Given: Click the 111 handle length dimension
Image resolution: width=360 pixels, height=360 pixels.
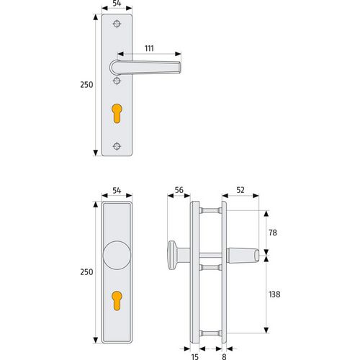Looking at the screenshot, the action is click(x=149, y=48).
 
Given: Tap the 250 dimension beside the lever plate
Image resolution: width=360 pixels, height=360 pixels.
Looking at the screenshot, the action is click(x=86, y=85).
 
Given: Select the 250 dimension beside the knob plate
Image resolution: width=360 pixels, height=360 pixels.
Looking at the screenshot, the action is click(x=86, y=272).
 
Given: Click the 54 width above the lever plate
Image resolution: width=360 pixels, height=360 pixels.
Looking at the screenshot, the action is click(x=117, y=4).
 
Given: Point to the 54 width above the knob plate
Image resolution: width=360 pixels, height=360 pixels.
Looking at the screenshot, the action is click(x=117, y=191).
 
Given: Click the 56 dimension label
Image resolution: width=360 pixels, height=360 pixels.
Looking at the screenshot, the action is click(x=179, y=190).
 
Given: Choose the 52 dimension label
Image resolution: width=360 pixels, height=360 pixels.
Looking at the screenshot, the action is click(x=240, y=190).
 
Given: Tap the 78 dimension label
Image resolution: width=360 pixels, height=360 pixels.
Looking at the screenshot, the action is click(x=273, y=233).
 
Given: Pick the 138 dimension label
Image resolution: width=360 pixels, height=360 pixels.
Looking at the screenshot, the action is click(x=274, y=294).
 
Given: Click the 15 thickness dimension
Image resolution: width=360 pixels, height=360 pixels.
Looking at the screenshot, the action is click(x=195, y=357).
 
